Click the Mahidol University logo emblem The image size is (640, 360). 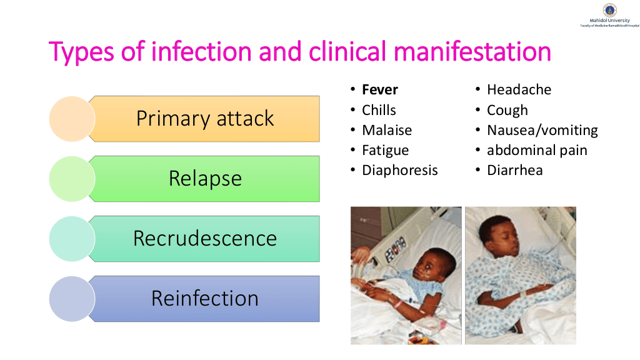610,10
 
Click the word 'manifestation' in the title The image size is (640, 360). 472,52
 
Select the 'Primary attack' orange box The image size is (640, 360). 204,119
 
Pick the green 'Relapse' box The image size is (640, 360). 204,179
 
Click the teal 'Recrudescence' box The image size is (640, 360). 204,239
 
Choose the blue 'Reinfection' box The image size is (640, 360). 204,299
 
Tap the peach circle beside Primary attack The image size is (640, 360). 72,119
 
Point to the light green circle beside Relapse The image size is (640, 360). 72,179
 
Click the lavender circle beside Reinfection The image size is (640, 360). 72,299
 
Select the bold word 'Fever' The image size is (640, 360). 379,89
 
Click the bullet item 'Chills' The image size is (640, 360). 379,110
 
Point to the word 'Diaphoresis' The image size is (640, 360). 399,170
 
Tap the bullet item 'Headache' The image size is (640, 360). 519,89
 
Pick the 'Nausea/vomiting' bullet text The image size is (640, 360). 542,130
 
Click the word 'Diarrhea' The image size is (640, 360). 515,170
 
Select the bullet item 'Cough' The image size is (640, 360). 507,110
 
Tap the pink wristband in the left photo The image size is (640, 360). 396,303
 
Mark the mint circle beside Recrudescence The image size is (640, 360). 72,239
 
